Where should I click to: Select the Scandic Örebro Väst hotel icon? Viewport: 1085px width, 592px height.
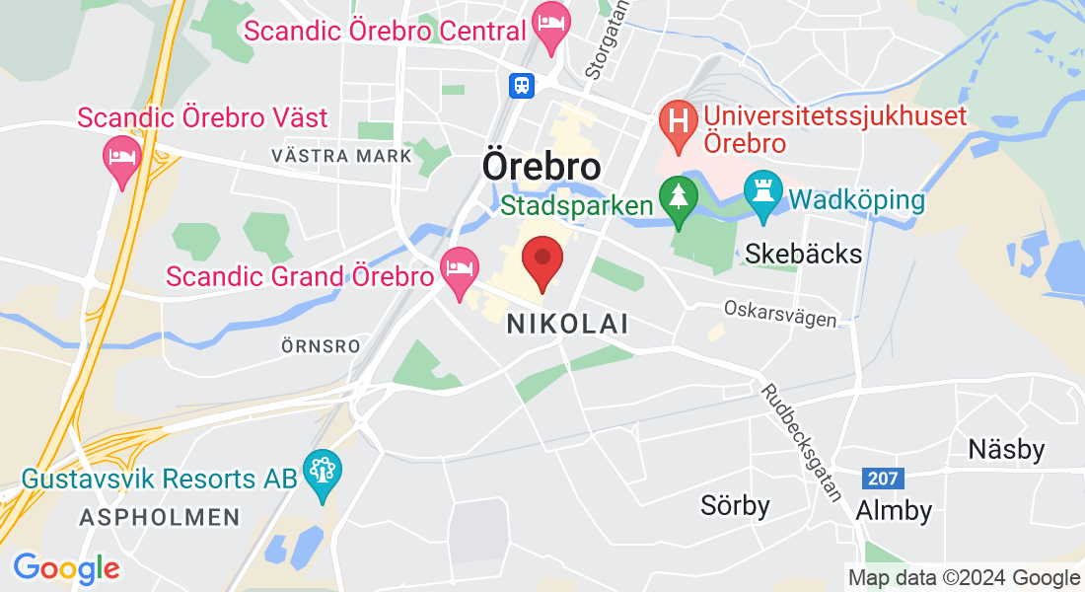coord(122,158)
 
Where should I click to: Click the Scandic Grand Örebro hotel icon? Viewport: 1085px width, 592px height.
coord(459,269)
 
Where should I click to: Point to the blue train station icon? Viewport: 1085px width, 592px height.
coord(522,85)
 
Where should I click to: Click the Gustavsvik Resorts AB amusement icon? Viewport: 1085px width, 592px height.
coord(322,472)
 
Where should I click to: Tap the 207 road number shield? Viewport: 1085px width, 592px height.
coord(882,479)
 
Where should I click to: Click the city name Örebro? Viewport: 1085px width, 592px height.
coord(542,165)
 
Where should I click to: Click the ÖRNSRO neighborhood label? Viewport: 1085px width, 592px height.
coord(320,347)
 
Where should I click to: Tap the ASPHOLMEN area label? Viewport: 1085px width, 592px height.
coord(159,517)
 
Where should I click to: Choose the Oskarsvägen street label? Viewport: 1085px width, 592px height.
coord(780,314)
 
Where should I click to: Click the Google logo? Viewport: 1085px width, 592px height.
coord(66,568)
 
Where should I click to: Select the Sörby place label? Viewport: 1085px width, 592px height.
coord(735,506)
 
